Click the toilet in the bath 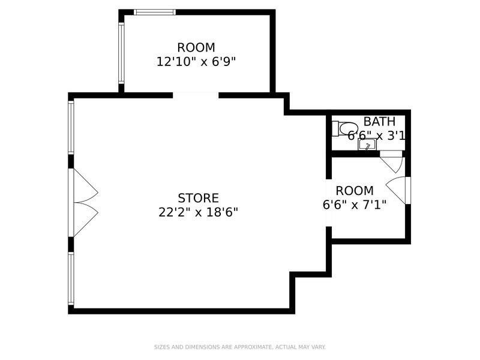(x=344, y=128)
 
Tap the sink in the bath (x=366, y=145)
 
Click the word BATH (x=379, y=122)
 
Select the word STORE (x=198, y=198)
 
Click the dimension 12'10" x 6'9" (x=196, y=61)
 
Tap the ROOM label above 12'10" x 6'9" (x=196, y=47)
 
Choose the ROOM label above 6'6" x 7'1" (x=354, y=191)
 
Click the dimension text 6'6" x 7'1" (x=354, y=205)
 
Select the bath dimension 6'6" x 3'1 (x=377, y=136)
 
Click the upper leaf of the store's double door (x=84, y=187)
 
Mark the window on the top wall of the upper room (x=154, y=12)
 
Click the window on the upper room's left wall (x=121, y=53)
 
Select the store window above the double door (x=71, y=127)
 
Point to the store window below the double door (x=71, y=279)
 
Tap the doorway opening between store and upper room (x=196, y=95)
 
